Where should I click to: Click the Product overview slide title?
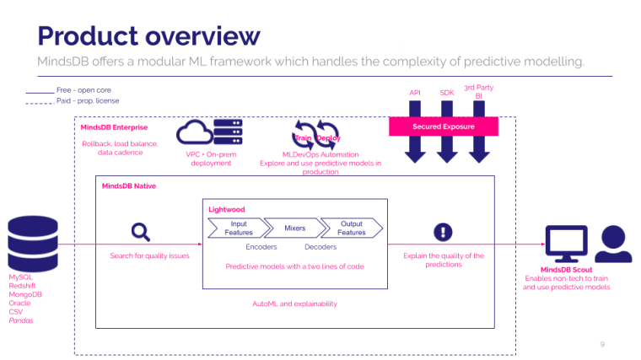pyautogui.click(x=148, y=35)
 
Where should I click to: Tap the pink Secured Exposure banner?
pyautogui.click(x=443, y=126)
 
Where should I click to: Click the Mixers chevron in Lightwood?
pyautogui.click(x=294, y=228)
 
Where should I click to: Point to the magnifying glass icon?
pyautogui.click(x=140, y=233)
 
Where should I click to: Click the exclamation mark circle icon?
pyautogui.click(x=444, y=233)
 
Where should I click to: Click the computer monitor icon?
pyautogui.click(x=565, y=243)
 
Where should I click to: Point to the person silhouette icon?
pyautogui.click(x=613, y=243)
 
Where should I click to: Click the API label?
pyautogui.click(x=415, y=92)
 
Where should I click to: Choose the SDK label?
pyautogui.click(x=446, y=92)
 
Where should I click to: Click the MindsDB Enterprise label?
pyautogui.click(x=114, y=127)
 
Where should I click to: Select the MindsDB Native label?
pyautogui.click(x=128, y=185)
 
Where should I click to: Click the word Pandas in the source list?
pyautogui.click(x=20, y=320)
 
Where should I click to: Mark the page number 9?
pyautogui.click(x=602, y=344)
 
